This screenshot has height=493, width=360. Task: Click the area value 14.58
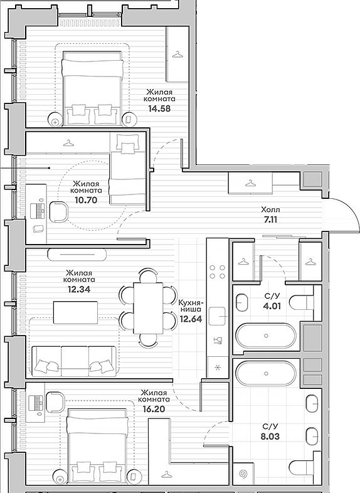159,109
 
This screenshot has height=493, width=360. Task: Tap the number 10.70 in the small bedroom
86,200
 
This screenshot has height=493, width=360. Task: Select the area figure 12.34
79,289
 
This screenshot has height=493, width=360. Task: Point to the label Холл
270,209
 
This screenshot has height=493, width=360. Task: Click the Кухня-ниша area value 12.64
191,319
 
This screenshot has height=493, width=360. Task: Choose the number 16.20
154,409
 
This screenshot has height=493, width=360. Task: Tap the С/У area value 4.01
272,305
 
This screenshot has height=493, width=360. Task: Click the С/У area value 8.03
270,437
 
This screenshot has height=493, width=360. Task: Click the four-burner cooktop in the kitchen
218,272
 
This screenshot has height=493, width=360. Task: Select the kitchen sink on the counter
218,316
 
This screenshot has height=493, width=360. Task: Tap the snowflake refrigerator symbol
217,367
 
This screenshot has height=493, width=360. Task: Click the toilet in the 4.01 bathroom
301,302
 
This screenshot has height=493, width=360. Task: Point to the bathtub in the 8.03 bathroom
266,374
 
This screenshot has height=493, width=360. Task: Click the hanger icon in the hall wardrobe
250,183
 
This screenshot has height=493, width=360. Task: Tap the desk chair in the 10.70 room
59,211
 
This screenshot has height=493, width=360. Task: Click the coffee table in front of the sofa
75,312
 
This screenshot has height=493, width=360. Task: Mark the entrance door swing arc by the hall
349,211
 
